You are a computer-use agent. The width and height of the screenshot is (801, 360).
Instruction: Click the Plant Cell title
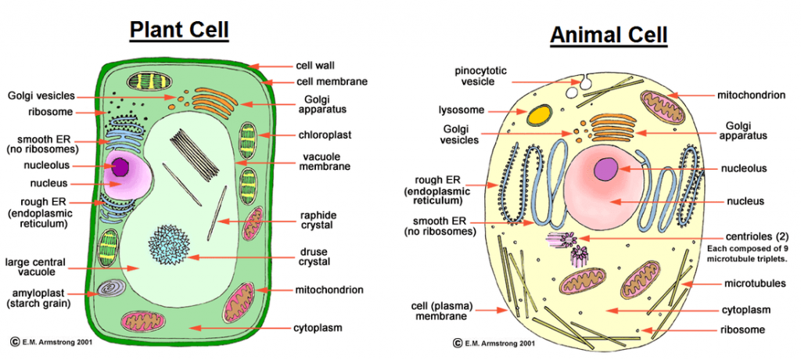click(x=179, y=30)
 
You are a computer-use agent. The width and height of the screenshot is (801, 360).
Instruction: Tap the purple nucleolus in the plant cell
click(x=121, y=166)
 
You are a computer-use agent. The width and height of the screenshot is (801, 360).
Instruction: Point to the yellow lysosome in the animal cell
click(x=537, y=116)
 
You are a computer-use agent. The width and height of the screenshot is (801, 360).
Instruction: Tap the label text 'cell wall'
click(x=315, y=66)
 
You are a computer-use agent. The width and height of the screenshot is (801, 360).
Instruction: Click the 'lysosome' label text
click(x=462, y=110)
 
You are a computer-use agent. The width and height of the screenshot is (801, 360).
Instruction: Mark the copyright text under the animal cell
click(x=494, y=343)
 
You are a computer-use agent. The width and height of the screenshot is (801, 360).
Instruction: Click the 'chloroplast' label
click(x=324, y=135)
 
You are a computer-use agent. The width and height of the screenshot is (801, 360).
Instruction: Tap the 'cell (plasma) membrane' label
click(x=440, y=311)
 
